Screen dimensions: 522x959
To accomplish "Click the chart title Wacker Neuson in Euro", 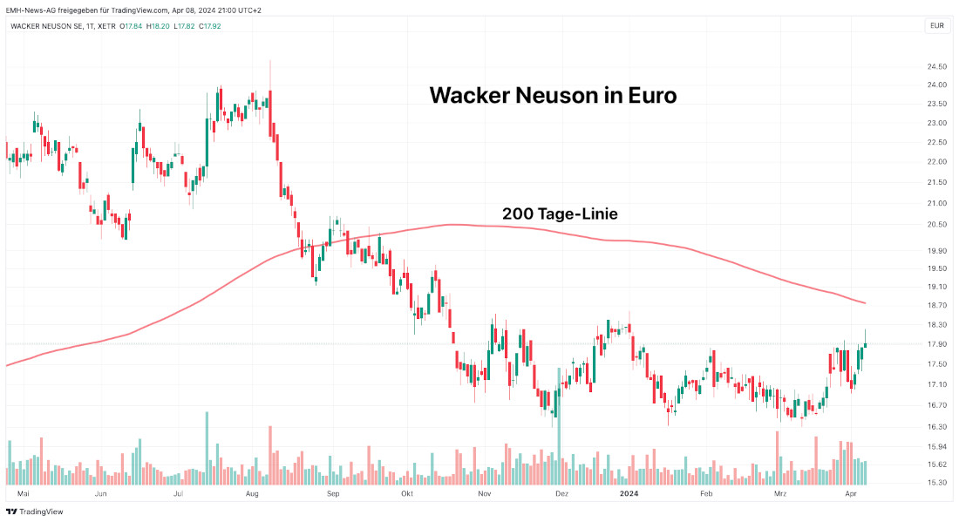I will click(553, 95).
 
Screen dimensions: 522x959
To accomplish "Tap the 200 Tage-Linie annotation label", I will click(560, 214).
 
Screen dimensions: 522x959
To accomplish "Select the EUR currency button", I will click(936, 25).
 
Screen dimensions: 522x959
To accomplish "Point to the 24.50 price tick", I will click(937, 67).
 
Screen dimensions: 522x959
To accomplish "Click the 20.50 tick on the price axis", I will click(937, 225).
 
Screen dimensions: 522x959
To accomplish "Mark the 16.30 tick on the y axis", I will click(937, 427).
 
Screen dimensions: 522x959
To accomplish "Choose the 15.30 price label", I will click(937, 483).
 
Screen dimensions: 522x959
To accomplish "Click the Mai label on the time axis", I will click(24, 493).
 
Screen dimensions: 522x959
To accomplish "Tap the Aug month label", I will click(252, 493).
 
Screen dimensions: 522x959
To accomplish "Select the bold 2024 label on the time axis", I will click(629, 493).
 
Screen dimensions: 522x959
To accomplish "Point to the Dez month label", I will click(561, 493).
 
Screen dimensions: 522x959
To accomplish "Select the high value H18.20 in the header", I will click(159, 25).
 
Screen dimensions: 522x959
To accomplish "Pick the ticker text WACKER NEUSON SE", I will click(45, 25).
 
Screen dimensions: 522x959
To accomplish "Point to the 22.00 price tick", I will click(937, 162).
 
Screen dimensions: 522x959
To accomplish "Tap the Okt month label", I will click(406, 493).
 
